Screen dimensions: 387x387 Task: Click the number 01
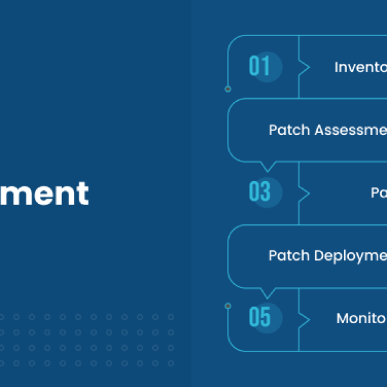tap(259, 66)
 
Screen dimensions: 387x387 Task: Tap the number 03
tap(259, 192)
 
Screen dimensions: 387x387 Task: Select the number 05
tap(259, 318)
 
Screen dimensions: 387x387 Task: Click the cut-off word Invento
tap(360, 67)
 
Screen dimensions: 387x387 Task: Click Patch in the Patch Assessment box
tap(288, 130)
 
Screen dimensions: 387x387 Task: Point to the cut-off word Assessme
tap(350, 130)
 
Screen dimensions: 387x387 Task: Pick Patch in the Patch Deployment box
tap(288, 255)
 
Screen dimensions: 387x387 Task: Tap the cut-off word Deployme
tap(351, 255)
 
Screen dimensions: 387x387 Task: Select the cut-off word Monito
tap(361, 318)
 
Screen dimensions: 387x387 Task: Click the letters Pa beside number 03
tap(379, 193)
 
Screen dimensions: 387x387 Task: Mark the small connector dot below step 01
tap(228, 89)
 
